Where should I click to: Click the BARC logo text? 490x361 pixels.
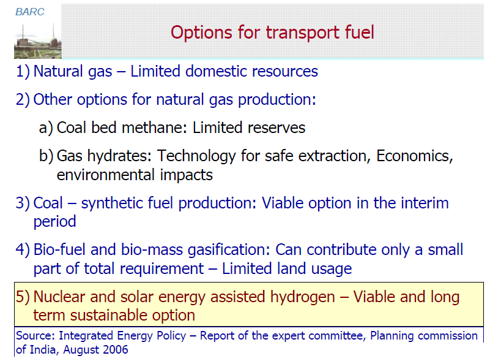tap(30, 12)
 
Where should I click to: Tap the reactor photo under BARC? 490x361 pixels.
tap(38, 41)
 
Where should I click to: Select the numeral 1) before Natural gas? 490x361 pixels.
tap(23, 71)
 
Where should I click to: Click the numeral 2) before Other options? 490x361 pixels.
tap(23, 99)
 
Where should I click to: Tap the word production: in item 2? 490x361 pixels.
tap(277, 100)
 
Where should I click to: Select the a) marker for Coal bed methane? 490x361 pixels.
tap(46, 127)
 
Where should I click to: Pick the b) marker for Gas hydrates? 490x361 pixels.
tap(46, 156)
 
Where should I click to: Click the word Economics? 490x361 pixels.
tap(415, 156)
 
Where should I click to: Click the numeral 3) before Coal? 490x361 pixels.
tap(23, 203)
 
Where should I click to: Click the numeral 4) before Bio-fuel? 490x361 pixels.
tap(23, 250)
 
